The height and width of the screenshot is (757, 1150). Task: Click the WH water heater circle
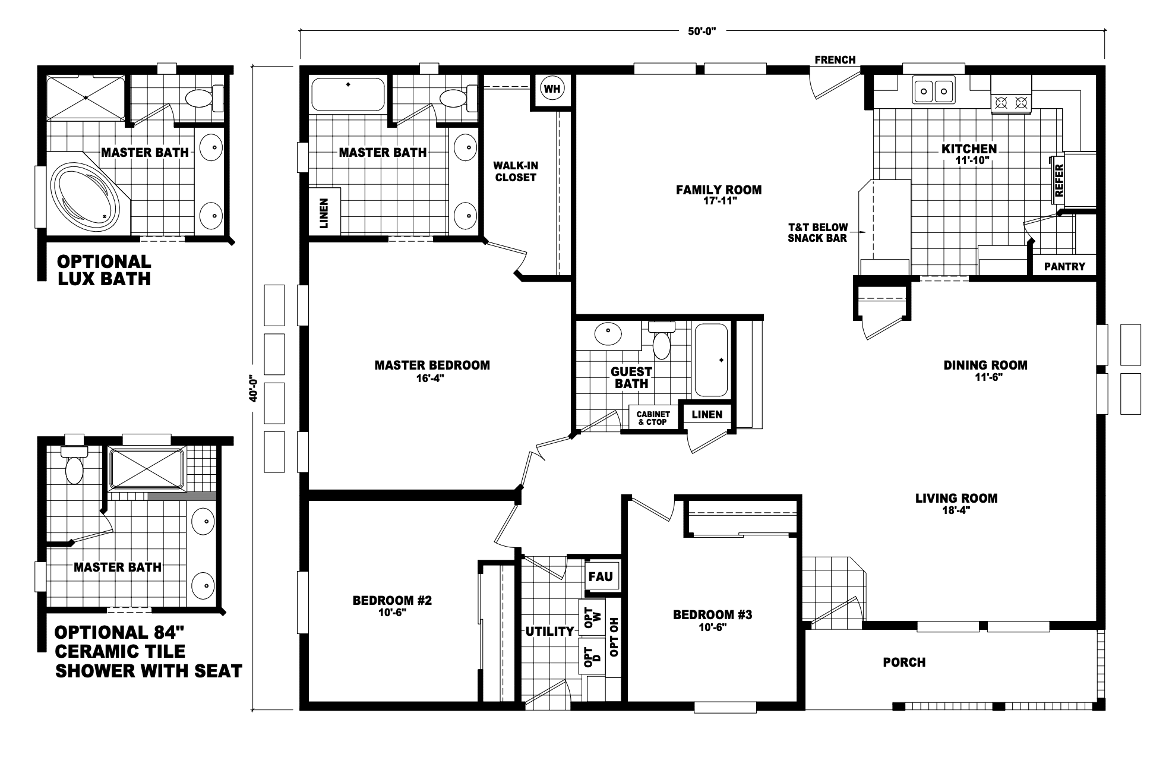(x=552, y=89)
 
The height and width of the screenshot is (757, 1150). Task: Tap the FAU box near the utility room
(x=601, y=576)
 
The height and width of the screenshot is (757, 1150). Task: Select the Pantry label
(x=1064, y=267)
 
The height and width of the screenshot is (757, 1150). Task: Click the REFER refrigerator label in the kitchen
(x=1059, y=180)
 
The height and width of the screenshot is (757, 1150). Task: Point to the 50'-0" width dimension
(x=703, y=31)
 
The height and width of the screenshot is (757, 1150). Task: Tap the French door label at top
(x=835, y=59)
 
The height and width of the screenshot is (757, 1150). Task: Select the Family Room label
(x=719, y=190)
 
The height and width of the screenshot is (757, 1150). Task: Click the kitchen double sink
(x=934, y=91)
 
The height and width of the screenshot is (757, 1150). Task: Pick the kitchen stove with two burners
(x=1011, y=102)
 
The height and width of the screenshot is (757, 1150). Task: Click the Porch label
(x=904, y=662)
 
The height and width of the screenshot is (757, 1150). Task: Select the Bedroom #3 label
(x=712, y=614)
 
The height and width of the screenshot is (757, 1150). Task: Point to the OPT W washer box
(x=592, y=617)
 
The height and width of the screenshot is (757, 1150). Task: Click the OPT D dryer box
(x=592, y=657)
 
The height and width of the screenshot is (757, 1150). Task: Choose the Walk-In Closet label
(x=516, y=171)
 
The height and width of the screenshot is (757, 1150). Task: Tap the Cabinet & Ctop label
(x=653, y=418)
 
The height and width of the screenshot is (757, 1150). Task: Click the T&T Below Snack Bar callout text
(x=817, y=232)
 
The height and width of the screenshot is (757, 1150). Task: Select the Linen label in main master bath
(x=324, y=213)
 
